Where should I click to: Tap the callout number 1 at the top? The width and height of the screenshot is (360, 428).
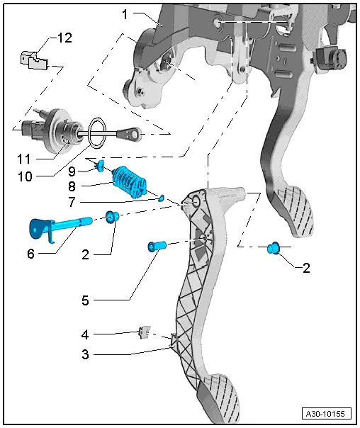[x=125, y=13]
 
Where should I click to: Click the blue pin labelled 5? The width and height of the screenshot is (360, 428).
[x=157, y=247]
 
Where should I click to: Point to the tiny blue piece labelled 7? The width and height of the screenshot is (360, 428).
[x=161, y=198]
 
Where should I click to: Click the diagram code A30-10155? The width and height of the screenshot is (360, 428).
[x=327, y=413]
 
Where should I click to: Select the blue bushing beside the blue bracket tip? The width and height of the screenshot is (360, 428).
[x=112, y=216]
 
